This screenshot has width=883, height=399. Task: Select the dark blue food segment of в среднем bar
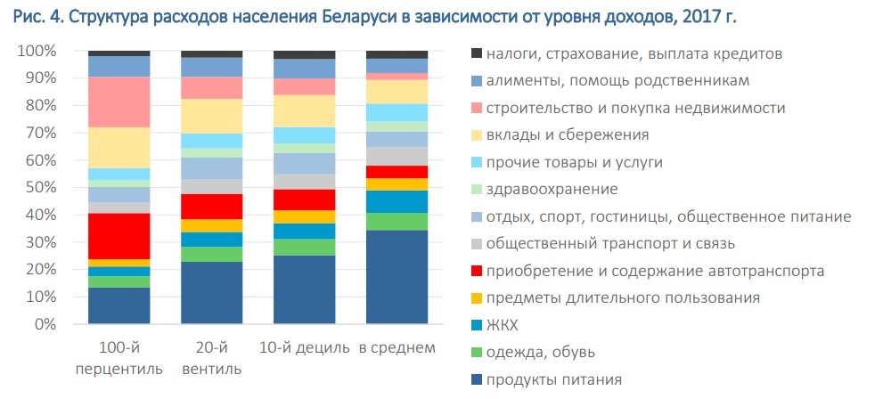(x=397, y=276)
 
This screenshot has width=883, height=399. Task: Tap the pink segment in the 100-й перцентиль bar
(x=119, y=102)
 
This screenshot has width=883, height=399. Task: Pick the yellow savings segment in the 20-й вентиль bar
(x=211, y=116)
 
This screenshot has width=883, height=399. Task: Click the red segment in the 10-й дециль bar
(x=304, y=199)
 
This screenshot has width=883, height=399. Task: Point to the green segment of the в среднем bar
(x=397, y=221)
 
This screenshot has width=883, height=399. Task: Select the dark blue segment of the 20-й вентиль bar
(x=211, y=292)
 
